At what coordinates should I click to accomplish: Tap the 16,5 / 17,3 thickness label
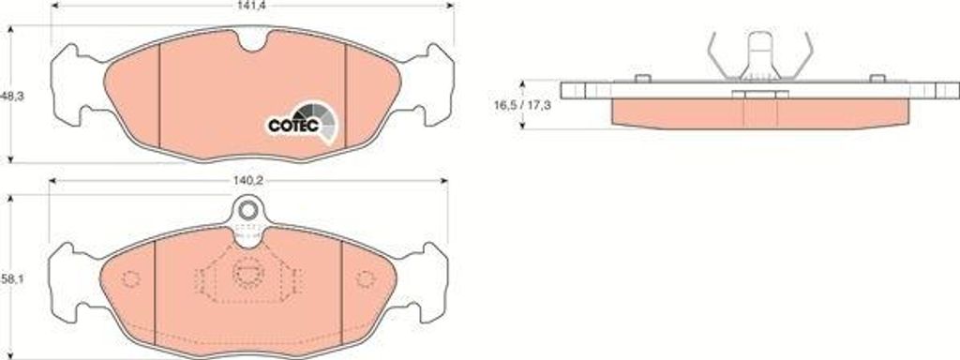pyautogui.click(x=523, y=105)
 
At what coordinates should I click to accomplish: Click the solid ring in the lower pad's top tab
pyautogui.click(x=247, y=211)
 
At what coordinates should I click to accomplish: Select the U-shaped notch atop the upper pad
pyautogui.click(x=251, y=41)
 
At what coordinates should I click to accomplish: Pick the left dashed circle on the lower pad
pyautogui.click(x=130, y=279)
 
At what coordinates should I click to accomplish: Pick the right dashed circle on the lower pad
pyautogui.click(x=366, y=279)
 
